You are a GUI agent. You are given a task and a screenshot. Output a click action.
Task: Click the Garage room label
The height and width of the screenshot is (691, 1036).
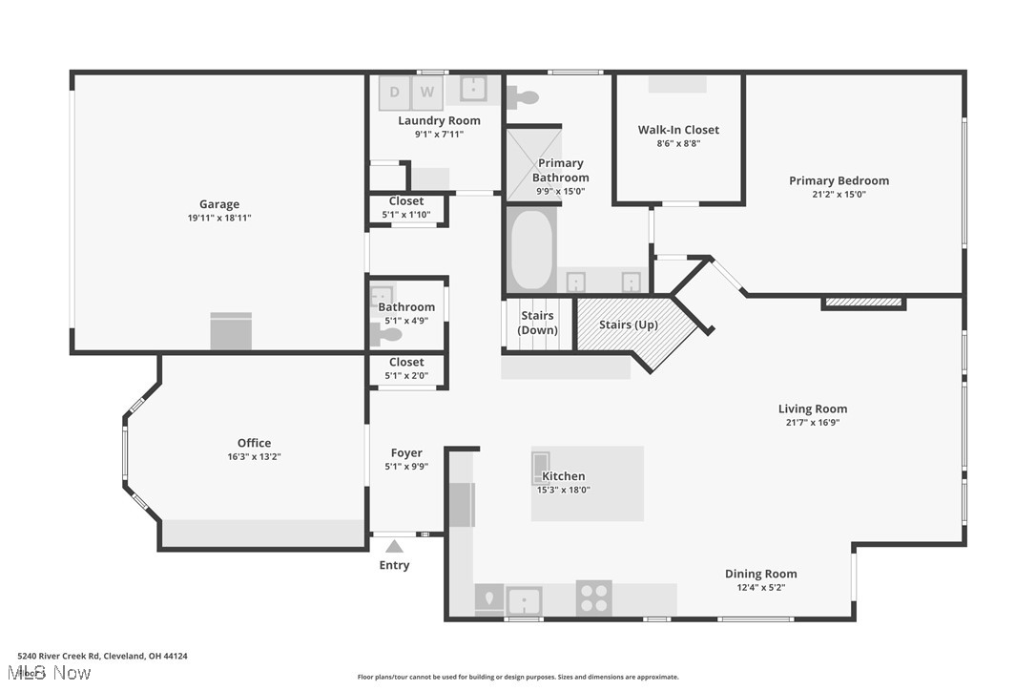[x=219, y=204]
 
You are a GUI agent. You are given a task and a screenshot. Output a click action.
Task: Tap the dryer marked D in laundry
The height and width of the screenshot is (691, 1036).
[x=394, y=93]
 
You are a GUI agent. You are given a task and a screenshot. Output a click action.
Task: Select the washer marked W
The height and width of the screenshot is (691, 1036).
[x=427, y=93]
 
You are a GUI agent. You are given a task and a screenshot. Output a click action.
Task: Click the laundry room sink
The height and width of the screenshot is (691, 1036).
[x=473, y=89]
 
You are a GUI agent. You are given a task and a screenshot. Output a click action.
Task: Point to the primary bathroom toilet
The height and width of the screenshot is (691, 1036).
[x=523, y=96]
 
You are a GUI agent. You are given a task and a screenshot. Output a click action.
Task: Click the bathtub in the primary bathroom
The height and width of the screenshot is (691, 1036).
[x=531, y=251]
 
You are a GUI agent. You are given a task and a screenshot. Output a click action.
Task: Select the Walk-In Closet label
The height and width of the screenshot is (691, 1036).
[x=678, y=130]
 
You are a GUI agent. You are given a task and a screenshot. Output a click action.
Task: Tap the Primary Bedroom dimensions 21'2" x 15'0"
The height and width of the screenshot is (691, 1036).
[x=839, y=194]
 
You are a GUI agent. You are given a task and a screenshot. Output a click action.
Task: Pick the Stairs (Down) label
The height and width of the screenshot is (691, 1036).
[x=537, y=323]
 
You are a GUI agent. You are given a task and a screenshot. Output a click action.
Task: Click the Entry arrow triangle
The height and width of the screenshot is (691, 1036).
[x=394, y=546]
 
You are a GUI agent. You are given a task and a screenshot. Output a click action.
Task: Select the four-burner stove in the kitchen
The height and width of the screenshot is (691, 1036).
[x=593, y=598]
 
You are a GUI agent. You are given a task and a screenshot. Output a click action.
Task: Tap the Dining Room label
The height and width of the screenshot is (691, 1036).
[x=760, y=574]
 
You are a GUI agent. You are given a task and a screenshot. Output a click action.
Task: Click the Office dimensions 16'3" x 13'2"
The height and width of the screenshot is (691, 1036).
[x=254, y=456]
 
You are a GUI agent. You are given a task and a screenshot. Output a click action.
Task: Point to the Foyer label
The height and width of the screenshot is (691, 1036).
[x=406, y=453]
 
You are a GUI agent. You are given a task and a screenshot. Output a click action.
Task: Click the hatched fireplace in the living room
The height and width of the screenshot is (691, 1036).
[x=863, y=303]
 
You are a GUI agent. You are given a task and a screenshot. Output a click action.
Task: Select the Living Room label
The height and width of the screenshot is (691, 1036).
[x=812, y=408]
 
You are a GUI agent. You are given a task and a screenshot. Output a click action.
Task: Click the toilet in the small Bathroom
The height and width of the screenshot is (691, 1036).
[x=386, y=335]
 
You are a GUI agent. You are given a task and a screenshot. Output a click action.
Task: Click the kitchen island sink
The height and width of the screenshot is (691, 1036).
[x=541, y=468]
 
